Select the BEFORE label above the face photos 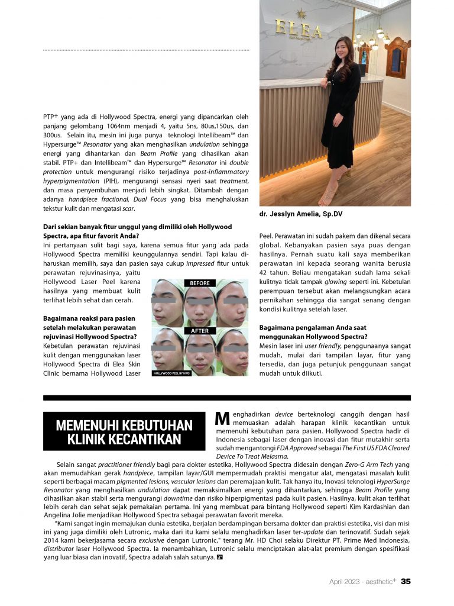[200, 283]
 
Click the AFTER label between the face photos [200, 331]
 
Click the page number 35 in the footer [406, 581]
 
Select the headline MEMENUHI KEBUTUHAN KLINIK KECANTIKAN [124, 433]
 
